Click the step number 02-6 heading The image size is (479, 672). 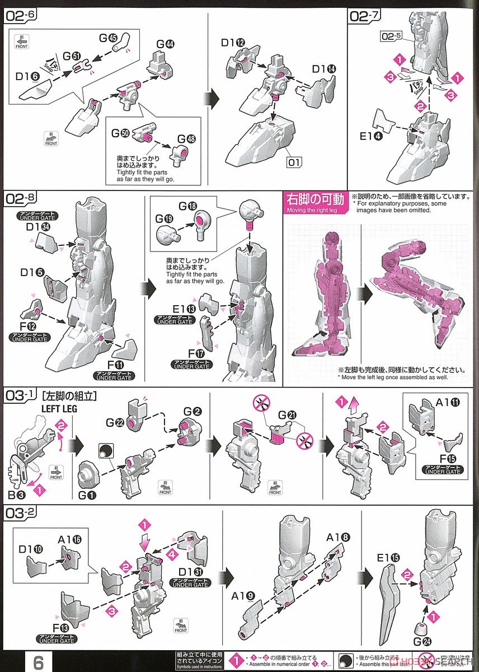pyautogui.click(x=21, y=16)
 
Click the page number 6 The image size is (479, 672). pyautogui.click(x=38, y=661)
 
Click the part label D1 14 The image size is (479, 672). pyautogui.click(x=325, y=69)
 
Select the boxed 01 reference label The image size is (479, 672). pyautogui.click(x=294, y=163)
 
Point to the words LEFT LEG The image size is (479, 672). pyautogui.click(x=58, y=409)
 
